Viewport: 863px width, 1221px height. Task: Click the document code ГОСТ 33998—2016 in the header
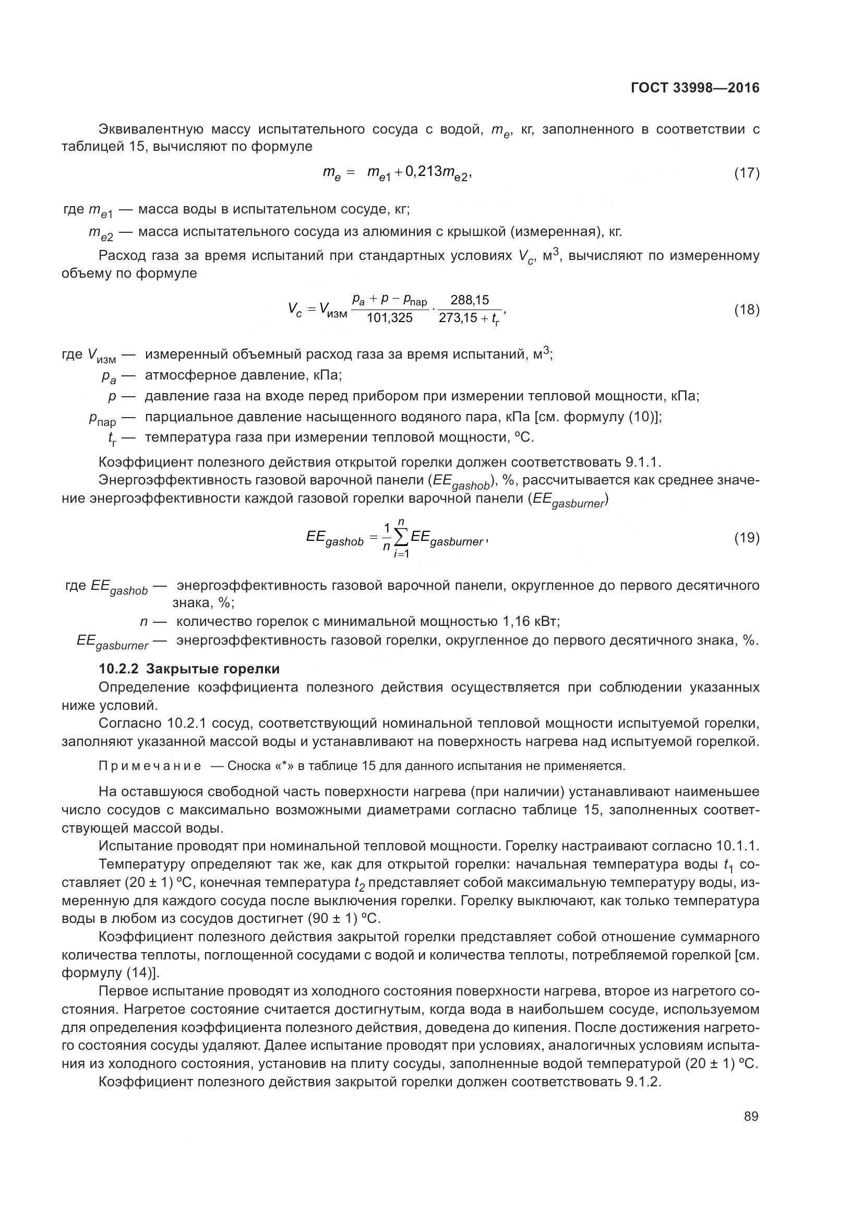694,88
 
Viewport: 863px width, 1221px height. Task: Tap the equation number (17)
747,173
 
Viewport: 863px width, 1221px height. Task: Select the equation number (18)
747,310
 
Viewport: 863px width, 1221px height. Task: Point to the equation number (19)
747,538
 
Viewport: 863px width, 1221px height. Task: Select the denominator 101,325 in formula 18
390,318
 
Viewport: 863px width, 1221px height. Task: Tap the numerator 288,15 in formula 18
470,300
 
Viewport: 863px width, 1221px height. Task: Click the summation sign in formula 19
401,538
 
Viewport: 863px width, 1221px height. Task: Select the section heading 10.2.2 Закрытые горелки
189,669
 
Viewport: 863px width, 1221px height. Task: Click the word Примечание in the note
150,766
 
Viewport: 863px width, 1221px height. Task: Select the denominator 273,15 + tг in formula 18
469,319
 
